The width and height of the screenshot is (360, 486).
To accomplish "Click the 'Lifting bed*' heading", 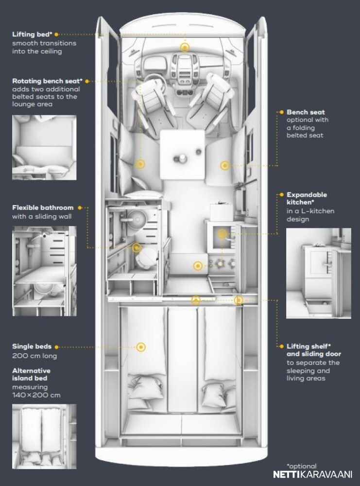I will point(32,35).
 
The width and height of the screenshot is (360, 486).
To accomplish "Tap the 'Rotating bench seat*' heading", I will point(47,81).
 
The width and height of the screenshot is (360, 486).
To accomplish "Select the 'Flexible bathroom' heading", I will point(43,208).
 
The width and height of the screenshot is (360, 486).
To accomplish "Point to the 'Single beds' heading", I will point(32,347).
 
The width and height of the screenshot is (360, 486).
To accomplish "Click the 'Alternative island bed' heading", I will point(31,374).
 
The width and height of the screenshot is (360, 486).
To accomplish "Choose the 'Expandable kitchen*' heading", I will point(307,198).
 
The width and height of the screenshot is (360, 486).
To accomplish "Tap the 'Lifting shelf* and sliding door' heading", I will point(313,350).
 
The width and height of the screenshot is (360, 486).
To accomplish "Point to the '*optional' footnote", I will point(301,466).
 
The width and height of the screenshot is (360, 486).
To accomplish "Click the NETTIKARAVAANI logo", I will point(312,474).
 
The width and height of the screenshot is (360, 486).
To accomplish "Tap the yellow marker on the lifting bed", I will point(185,47).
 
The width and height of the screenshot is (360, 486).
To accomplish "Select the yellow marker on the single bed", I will point(141,347).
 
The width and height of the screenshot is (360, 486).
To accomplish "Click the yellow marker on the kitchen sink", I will point(222,234).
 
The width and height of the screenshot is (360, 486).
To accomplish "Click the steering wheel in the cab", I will point(152,83).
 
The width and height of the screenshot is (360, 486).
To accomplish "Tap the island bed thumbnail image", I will point(44,436).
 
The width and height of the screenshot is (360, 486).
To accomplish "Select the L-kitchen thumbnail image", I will point(318,274).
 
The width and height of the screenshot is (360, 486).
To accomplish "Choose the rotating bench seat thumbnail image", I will point(44,148).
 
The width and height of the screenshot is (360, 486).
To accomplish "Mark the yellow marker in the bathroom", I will point(137,247).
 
